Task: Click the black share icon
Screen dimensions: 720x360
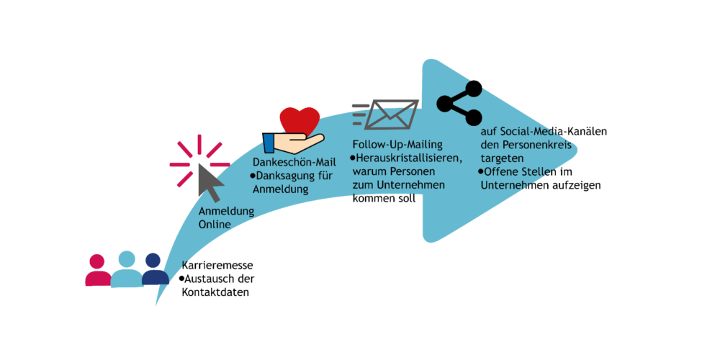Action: coord(459,103)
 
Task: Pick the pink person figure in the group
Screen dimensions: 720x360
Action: coord(97,270)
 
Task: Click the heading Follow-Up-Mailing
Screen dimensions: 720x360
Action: coord(397,145)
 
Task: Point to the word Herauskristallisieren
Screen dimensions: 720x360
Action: coord(409,158)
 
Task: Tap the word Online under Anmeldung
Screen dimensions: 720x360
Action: coord(214,224)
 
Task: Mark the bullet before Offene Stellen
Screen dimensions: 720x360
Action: coord(481,171)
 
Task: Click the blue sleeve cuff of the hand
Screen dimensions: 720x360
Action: coord(268,142)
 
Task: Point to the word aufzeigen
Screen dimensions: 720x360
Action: coord(581,185)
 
